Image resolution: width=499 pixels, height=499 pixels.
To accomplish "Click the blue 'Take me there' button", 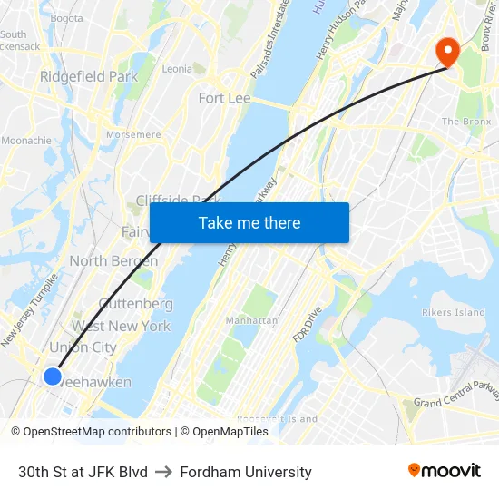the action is pyautogui.click(x=249, y=223).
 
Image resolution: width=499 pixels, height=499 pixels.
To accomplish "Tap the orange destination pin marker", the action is pyautogui.click(x=446, y=52).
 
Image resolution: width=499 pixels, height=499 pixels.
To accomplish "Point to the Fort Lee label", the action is pyautogui.click(x=224, y=98).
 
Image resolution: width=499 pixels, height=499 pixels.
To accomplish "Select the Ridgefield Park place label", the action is pyautogui.click(x=89, y=77).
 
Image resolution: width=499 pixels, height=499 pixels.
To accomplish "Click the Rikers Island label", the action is pyautogui.click(x=454, y=313).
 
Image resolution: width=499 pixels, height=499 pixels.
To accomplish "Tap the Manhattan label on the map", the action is pyautogui.click(x=251, y=320).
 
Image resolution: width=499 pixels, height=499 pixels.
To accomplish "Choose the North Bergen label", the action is pyautogui.click(x=113, y=261).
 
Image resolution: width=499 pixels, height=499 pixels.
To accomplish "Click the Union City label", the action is pyautogui.click(x=83, y=347).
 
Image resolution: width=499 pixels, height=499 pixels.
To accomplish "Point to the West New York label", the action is pyautogui.click(x=121, y=326).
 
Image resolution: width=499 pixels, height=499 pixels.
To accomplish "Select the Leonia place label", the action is pyautogui.click(x=177, y=69).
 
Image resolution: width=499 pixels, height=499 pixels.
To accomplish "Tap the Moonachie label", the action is pyautogui.click(x=26, y=141).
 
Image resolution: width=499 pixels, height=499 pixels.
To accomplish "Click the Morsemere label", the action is pyautogui.click(x=133, y=135).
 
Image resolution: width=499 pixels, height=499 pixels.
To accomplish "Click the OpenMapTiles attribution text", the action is pyautogui.click(x=230, y=432).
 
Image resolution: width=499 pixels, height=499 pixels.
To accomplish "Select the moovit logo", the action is pyautogui.click(x=444, y=471).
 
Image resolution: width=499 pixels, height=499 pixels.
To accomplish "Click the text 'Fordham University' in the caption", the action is pyautogui.click(x=246, y=472).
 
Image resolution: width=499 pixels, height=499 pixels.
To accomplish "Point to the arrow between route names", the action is pyautogui.click(x=164, y=472).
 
